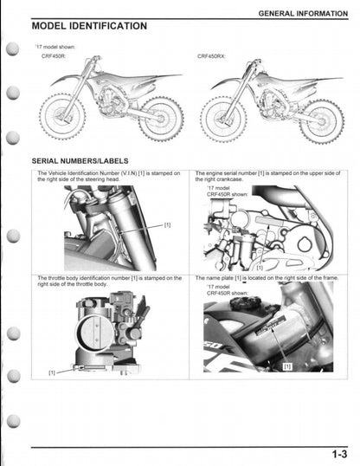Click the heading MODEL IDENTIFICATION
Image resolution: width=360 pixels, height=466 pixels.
[x=88, y=27]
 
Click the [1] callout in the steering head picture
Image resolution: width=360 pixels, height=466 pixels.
[x=167, y=224]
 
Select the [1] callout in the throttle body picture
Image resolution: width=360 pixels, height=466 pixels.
[x=53, y=372]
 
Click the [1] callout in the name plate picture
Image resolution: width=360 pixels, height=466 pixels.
[x=288, y=366]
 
